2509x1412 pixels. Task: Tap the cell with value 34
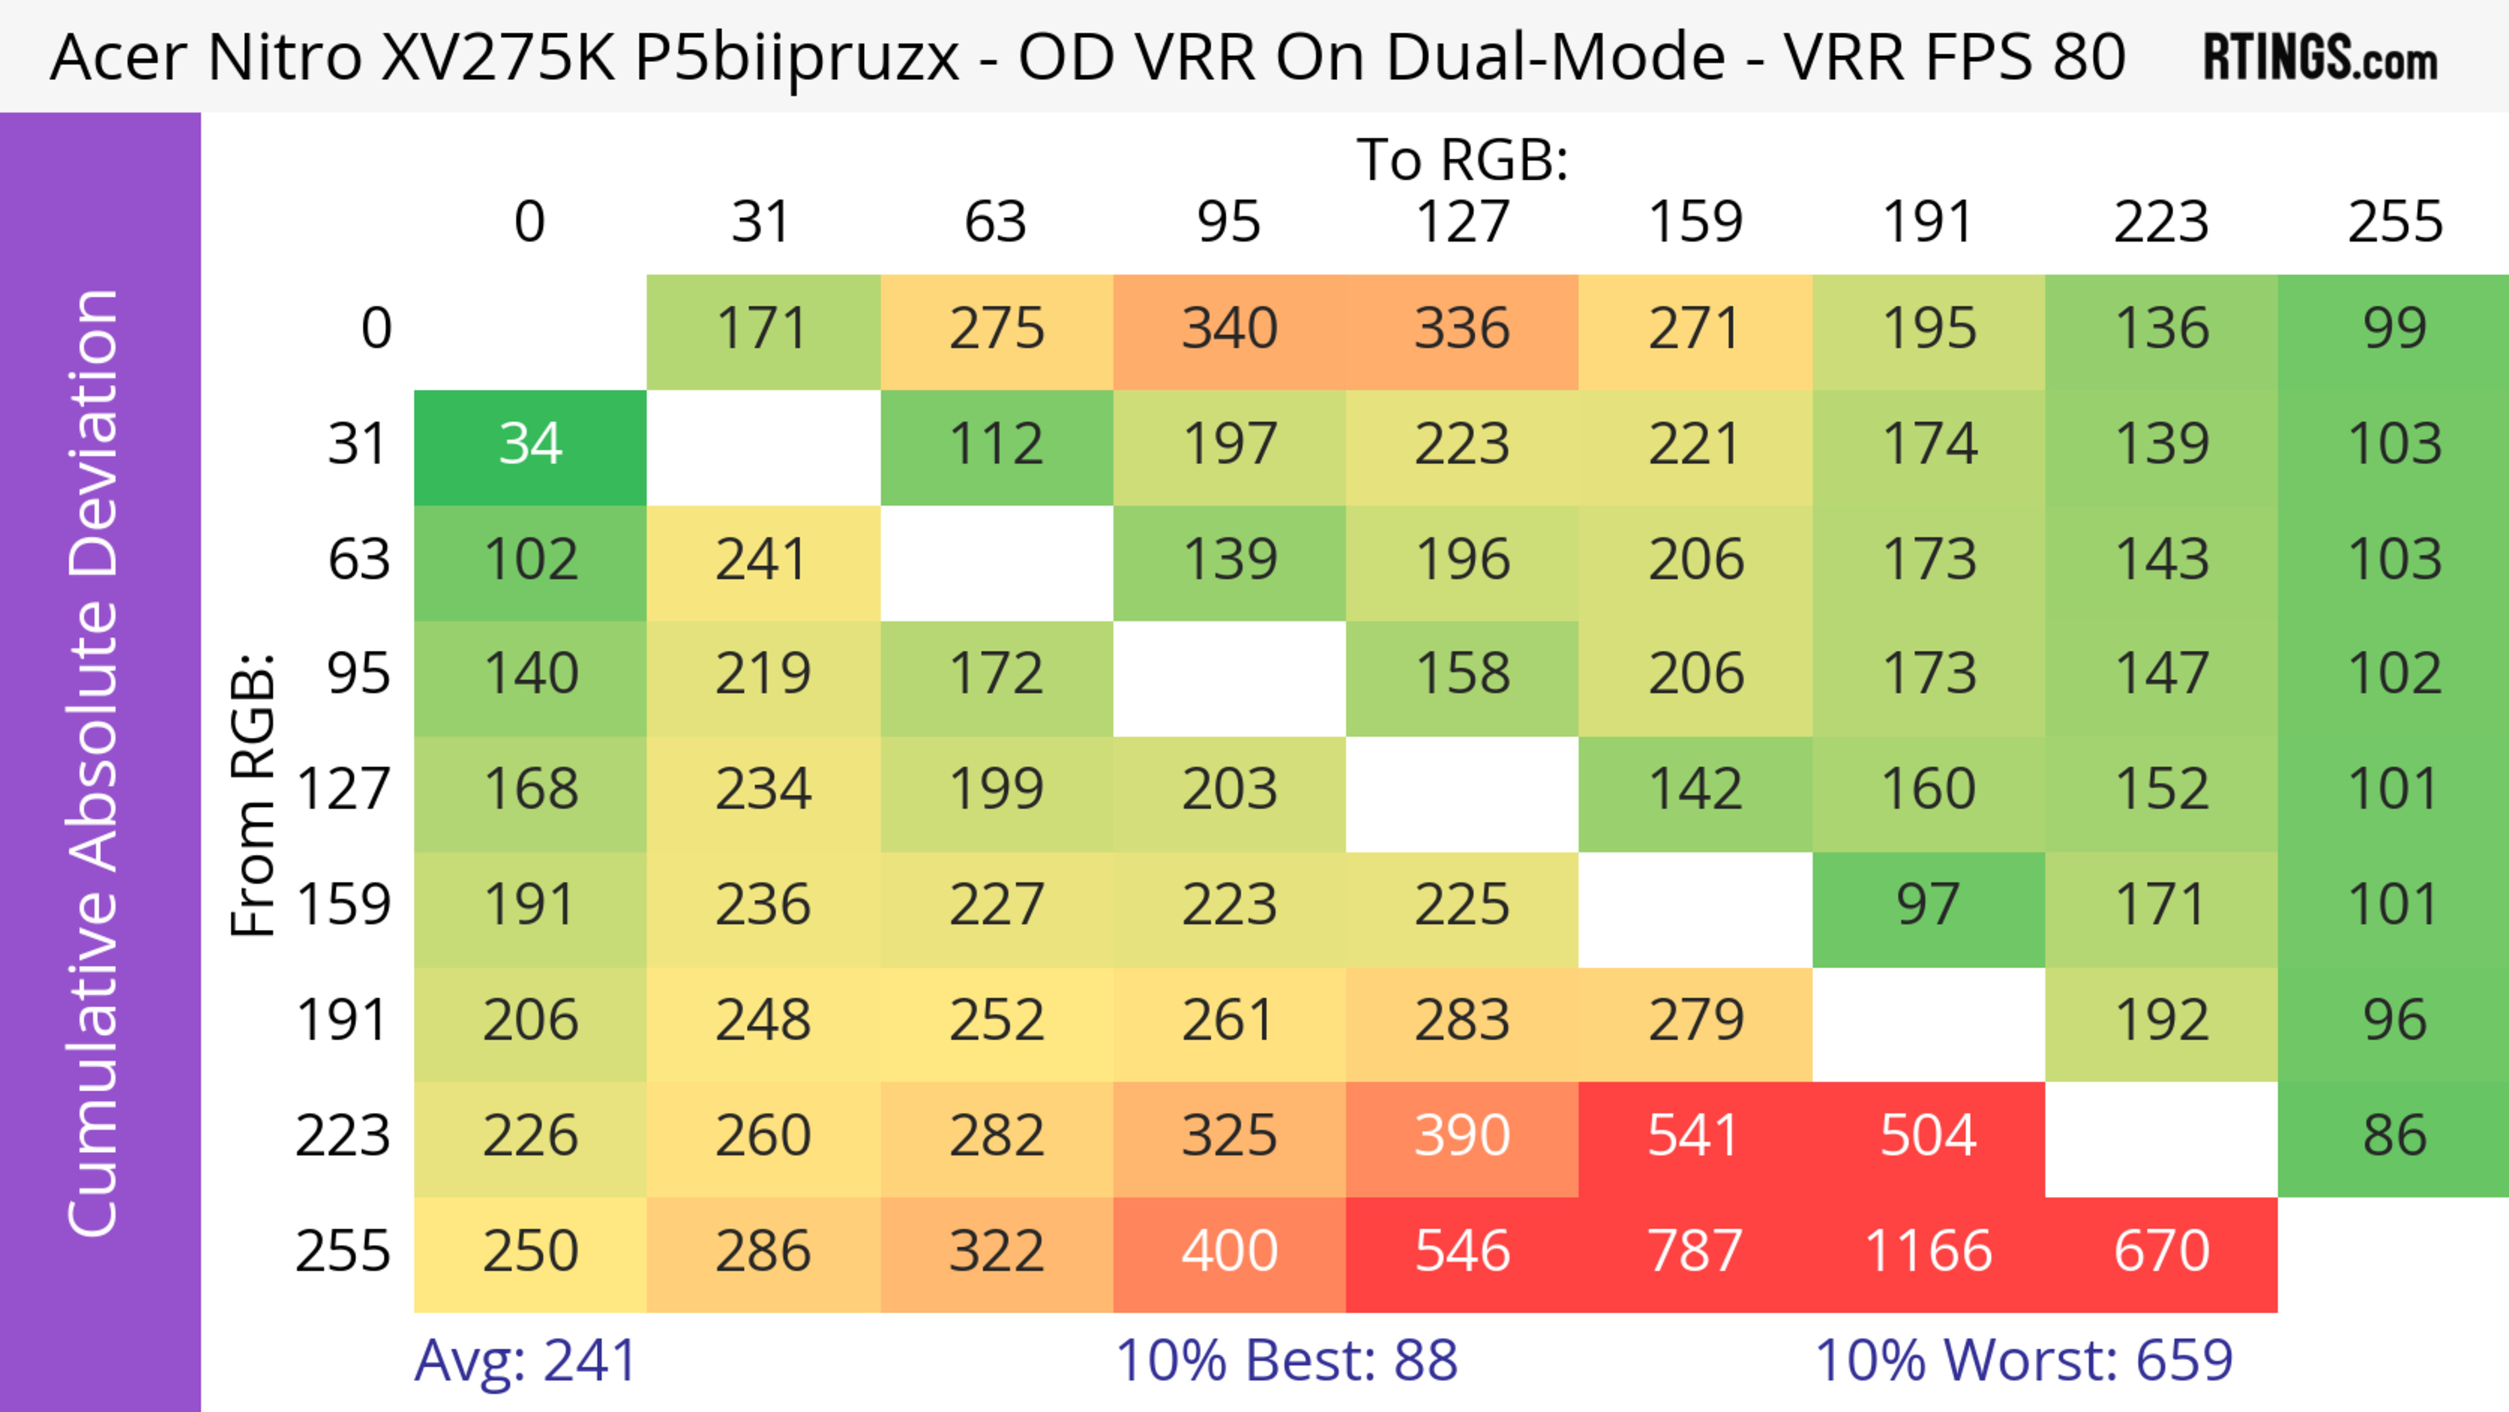coord(530,444)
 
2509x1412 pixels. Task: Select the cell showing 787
coord(1695,1251)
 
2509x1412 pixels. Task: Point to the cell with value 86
coord(2393,1136)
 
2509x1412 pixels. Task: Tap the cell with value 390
coord(1462,1136)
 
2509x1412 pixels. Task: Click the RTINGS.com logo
coord(2320,56)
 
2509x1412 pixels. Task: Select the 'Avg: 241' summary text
coord(526,1360)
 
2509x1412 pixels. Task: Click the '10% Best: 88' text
coord(1286,1360)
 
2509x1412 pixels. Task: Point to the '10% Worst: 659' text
coord(2024,1360)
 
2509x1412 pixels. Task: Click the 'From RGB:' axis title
coord(254,795)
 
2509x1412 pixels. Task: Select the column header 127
coord(1462,222)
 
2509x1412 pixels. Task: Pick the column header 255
coord(2394,222)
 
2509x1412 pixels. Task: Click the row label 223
coord(343,1136)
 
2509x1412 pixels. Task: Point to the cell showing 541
coord(1695,1136)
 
